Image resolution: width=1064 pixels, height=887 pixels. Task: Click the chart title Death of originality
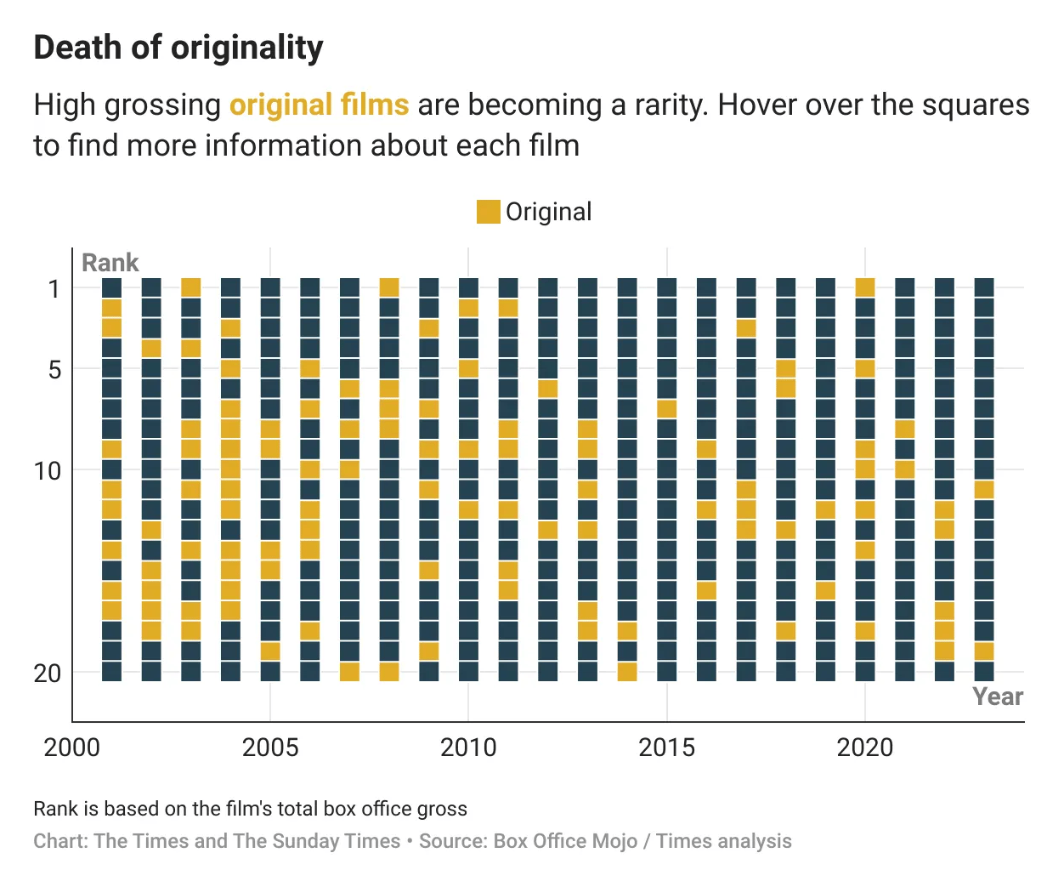(178, 48)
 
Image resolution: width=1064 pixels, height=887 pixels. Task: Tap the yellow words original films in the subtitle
(319, 105)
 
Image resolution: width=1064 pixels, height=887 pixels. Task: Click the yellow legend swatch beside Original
(488, 212)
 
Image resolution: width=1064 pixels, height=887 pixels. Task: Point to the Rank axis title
(110, 263)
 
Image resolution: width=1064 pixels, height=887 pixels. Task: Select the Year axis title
(998, 697)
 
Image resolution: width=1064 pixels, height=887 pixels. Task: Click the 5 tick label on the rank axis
(54, 370)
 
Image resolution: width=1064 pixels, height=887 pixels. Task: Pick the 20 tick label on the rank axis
(48, 673)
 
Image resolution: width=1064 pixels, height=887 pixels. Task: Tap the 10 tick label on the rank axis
(48, 470)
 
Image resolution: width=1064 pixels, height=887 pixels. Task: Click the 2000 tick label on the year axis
(72, 748)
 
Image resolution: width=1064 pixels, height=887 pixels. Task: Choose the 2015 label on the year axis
(667, 748)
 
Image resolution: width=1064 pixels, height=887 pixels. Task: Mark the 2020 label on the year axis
(865, 748)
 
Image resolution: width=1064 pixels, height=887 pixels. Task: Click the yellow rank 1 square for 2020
(865, 287)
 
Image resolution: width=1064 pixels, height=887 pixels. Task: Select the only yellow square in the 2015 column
(667, 409)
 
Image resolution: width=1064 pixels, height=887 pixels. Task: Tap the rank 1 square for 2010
(468, 287)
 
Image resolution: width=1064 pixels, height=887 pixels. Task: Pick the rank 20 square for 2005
(270, 672)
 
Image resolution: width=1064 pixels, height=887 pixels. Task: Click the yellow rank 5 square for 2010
(468, 368)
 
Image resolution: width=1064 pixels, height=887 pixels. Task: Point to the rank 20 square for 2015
(667, 672)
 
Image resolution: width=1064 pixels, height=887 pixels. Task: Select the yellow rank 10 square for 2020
(865, 469)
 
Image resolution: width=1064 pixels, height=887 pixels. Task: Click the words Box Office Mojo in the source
(565, 841)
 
